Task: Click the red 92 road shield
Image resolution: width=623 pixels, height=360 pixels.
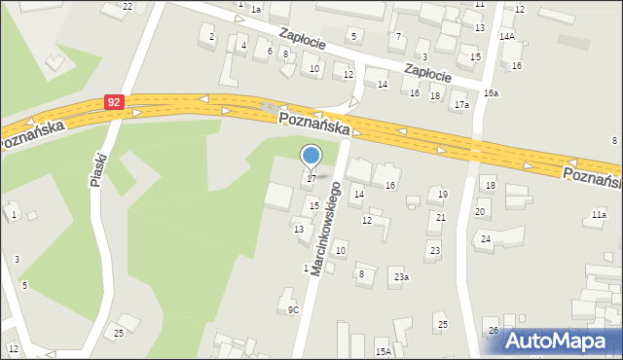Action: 115,101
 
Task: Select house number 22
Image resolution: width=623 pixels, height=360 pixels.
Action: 128,6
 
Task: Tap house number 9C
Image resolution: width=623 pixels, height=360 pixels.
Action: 293,310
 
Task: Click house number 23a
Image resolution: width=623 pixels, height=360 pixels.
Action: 401,277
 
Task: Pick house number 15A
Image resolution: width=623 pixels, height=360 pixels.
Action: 384,351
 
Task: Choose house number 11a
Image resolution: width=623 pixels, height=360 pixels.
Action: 599,214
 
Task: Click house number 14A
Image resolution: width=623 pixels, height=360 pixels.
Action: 506,36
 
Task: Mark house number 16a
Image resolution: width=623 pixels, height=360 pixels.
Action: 491,92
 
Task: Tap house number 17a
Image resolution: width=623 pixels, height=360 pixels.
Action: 460,104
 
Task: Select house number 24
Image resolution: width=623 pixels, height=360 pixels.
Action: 485,239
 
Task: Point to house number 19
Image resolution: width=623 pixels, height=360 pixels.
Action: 443,195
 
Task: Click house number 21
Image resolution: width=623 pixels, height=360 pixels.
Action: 441,217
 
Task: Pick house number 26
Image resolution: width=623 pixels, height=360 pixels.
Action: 494,332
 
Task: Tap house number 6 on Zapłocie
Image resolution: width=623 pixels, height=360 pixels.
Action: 270,51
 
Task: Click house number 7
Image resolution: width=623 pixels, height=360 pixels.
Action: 397,36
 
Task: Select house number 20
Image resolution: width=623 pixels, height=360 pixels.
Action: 480,212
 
